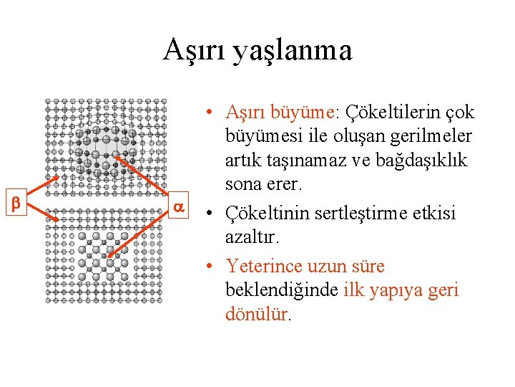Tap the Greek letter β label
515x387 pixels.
click(x=16, y=204)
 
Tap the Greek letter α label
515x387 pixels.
click(x=180, y=206)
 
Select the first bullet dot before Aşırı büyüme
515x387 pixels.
click(x=207, y=113)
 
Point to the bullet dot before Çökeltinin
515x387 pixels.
click(x=207, y=214)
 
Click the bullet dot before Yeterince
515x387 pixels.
click(x=207, y=267)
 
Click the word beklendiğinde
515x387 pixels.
click(x=281, y=290)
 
